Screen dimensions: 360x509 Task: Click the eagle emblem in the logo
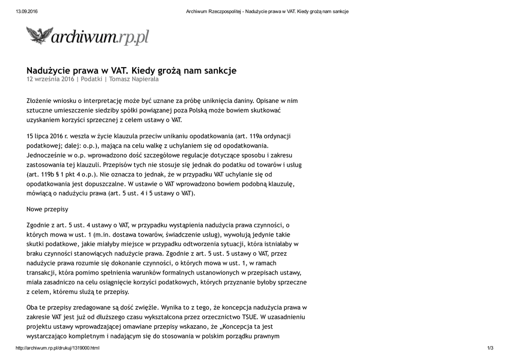click(39, 36)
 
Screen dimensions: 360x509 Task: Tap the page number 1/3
click(490, 348)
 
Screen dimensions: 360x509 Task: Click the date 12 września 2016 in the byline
click(50, 79)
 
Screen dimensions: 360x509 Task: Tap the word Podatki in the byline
click(91, 79)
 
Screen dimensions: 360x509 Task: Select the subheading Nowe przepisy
click(47, 209)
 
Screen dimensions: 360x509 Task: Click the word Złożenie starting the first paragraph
click(39, 101)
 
